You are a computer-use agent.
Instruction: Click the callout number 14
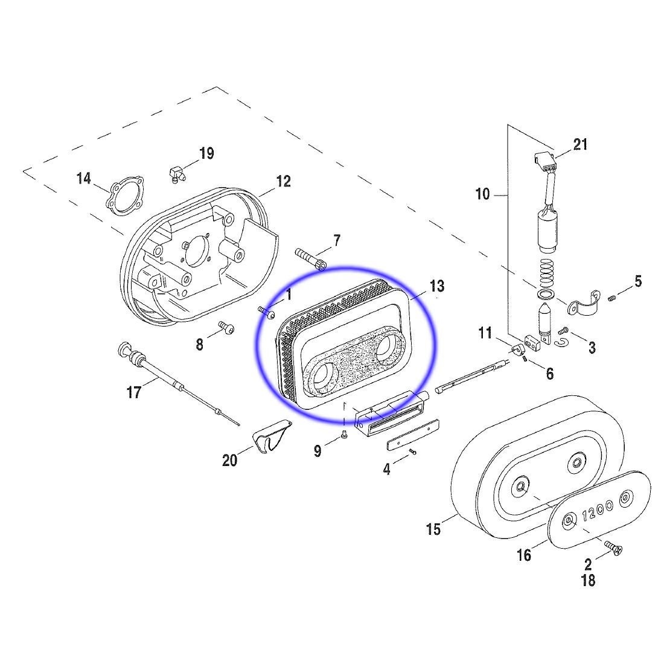83,179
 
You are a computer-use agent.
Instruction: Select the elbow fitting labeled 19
176,174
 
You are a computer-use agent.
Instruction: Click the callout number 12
283,181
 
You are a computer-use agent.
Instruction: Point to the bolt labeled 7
310,259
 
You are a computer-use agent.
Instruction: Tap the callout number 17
134,392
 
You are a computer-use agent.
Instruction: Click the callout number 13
437,287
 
